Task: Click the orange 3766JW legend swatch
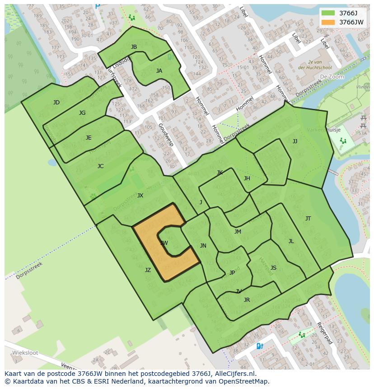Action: (x=329, y=22)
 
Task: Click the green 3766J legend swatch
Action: (x=329, y=13)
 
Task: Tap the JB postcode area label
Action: (x=134, y=47)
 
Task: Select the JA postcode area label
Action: (x=159, y=71)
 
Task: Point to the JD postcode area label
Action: (x=56, y=103)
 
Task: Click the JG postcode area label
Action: (x=82, y=113)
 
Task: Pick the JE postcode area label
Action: (x=89, y=138)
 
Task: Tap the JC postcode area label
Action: (x=100, y=166)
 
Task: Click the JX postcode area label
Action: (x=140, y=196)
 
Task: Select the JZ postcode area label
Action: (x=148, y=270)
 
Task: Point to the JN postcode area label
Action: (x=203, y=246)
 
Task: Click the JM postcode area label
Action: (x=238, y=232)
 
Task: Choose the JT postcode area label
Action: (x=308, y=219)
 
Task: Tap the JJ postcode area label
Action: (x=295, y=141)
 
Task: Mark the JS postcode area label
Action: (x=273, y=268)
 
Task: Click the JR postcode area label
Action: (x=247, y=300)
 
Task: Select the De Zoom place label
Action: (x=332, y=77)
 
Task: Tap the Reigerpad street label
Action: (x=324, y=333)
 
